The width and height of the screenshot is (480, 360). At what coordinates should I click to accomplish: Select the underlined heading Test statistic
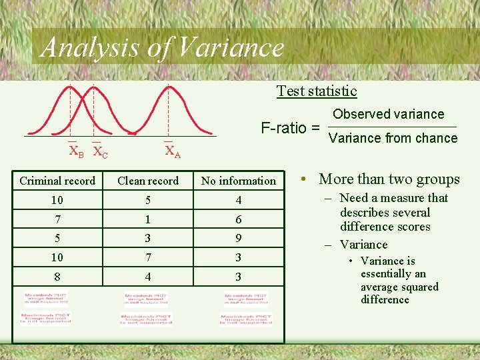[x=317, y=91]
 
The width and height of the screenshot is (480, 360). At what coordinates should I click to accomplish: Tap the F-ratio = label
[x=290, y=127]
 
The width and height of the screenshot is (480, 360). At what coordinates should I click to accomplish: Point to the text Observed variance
[x=388, y=114]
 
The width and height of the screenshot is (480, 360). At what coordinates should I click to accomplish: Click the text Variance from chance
[x=393, y=138]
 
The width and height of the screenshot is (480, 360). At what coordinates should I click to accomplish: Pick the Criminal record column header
[x=57, y=181]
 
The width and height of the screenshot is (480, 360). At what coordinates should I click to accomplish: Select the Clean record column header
[x=148, y=181]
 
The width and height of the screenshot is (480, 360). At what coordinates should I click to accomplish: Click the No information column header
[x=238, y=181]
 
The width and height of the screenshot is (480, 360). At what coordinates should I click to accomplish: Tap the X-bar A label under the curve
[x=172, y=152]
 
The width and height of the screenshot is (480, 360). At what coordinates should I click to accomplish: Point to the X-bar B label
[x=77, y=152]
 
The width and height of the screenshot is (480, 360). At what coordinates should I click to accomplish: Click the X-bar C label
[x=99, y=152]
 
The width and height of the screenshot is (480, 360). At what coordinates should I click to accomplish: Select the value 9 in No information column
[x=238, y=238]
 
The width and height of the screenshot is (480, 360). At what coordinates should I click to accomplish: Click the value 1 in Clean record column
[x=148, y=219]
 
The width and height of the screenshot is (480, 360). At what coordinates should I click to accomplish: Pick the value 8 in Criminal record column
[x=57, y=277]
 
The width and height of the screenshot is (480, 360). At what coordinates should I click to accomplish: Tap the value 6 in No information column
[x=238, y=219]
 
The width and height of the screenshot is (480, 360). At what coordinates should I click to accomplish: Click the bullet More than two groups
[x=389, y=179]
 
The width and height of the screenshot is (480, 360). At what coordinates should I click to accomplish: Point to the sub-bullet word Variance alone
[x=363, y=245]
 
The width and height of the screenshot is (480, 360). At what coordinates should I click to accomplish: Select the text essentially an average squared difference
[x=399, y=287]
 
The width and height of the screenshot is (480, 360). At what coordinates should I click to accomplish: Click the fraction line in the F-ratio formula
[x=393, y=127]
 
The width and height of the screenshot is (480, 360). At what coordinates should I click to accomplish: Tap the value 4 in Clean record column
[x=148, y=277]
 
